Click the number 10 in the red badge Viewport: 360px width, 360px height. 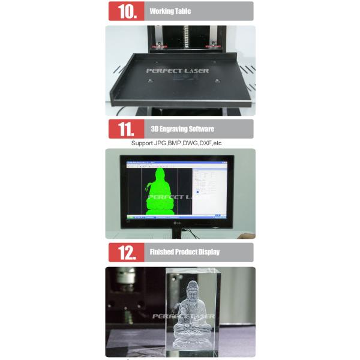coord(127,11)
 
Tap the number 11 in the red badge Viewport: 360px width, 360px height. coord(127,128)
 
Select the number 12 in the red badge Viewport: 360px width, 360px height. coord(127,252)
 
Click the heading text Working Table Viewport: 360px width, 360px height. coord(170,11)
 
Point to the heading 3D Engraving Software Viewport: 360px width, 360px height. coord(182,128)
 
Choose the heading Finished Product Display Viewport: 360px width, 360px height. coord(184,252)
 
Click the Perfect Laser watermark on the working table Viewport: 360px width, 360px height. coord(178,71)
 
